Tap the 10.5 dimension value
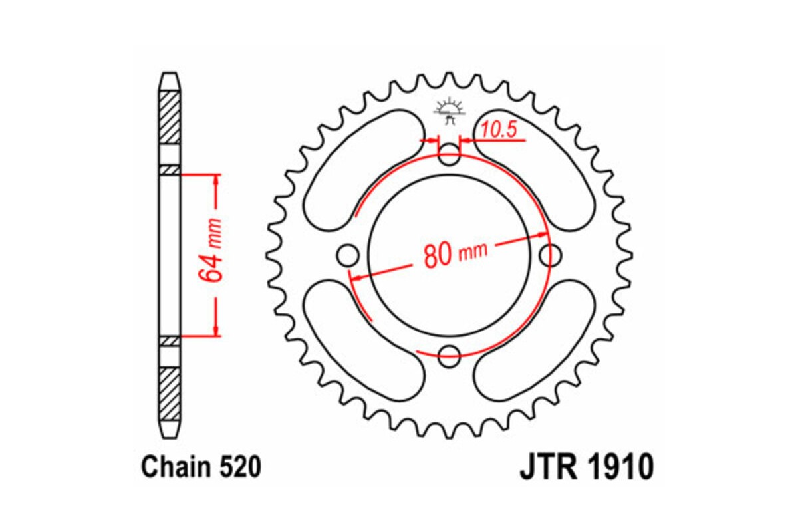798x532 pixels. point(499,130)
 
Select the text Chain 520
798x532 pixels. point(200,467)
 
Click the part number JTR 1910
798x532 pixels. point(586,467)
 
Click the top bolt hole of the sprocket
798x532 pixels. point(449,157)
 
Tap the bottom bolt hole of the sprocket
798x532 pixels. point(449,356)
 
